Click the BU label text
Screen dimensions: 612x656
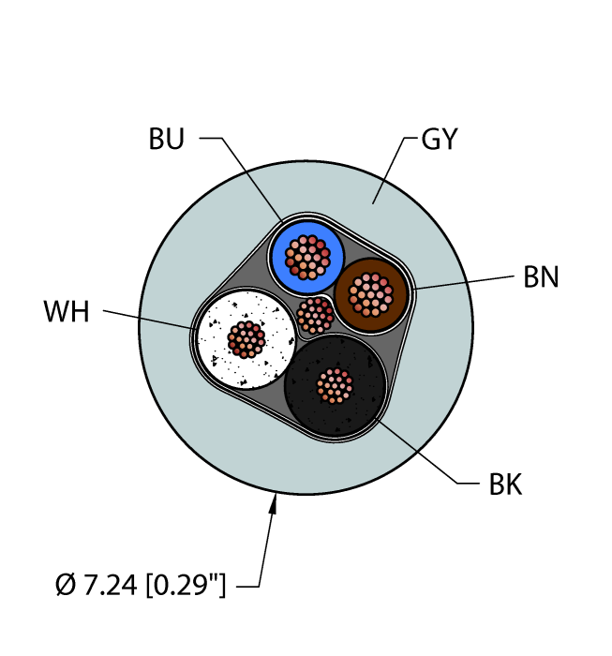pyautogui.click(x=167, y=139)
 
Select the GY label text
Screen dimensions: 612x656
pyautogui.click(x=440, y=139)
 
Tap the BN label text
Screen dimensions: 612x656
pyautogui.click(x=541, y=277)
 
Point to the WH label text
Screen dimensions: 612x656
pyautogui.click(x=67, y=312)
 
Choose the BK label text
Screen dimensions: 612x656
pyautogui.click(x=505, y=485)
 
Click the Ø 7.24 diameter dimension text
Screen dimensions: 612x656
pyautogui.click(x=96, y=585)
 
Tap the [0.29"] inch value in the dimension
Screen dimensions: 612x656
pyautogui.click(x=187, y=585)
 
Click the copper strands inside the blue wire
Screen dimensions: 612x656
pyautogui.click(x=307, y=257)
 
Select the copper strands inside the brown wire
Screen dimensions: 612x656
pyautogui.click(x=370, y=295)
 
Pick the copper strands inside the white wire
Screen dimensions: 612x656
pyautogui.click(x=246, y=339)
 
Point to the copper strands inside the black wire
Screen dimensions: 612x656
pyautogui.click(x=335, y=386)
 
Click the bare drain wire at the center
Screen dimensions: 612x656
pyautogui.click(x=315, y=316)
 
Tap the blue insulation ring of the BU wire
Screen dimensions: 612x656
pyautogui.click(x=278, y=258)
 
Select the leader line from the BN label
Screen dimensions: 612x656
pyautogui.click(x=463, y=282)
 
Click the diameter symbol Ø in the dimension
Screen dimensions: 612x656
pyautogui.click(x=66, y=585)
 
